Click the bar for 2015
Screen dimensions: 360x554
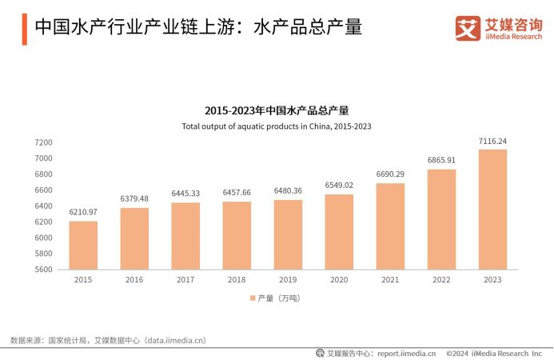pos(83,245)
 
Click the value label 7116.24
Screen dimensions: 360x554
pos(492,141)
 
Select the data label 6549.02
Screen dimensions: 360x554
pos(339,186)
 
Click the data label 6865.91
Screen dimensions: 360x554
pos(441,160)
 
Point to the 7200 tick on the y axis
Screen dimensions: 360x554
pos(43,142)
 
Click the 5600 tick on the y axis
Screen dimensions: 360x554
pos(43,270)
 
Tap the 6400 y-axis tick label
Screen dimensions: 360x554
pos(43,206)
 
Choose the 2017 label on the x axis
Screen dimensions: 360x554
pos(185,280)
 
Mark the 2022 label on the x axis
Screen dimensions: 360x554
pos(441,280)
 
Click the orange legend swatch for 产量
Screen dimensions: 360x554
pos(251,298)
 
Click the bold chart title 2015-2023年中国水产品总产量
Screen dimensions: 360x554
pos(277,110)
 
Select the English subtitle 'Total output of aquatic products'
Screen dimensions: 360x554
pos(277,126)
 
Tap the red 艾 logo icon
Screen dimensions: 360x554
pos(468,28)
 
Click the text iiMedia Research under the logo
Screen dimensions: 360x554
pos(514,36)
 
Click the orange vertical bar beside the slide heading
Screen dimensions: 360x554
pos(24,28)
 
